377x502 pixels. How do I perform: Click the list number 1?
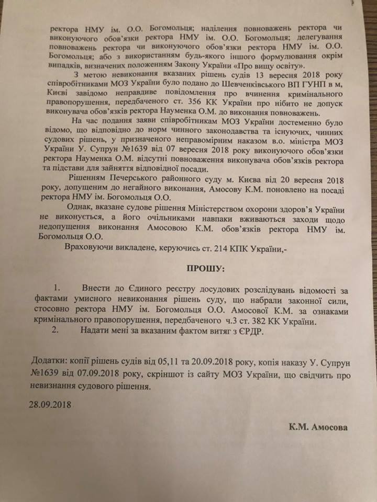tap(58, 289)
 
